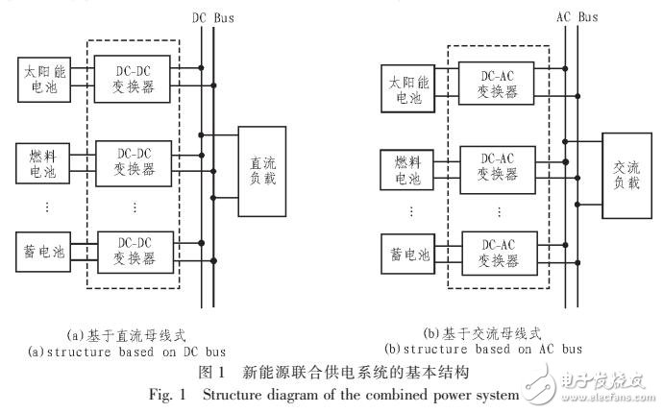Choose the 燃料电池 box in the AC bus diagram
pos(404,169)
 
